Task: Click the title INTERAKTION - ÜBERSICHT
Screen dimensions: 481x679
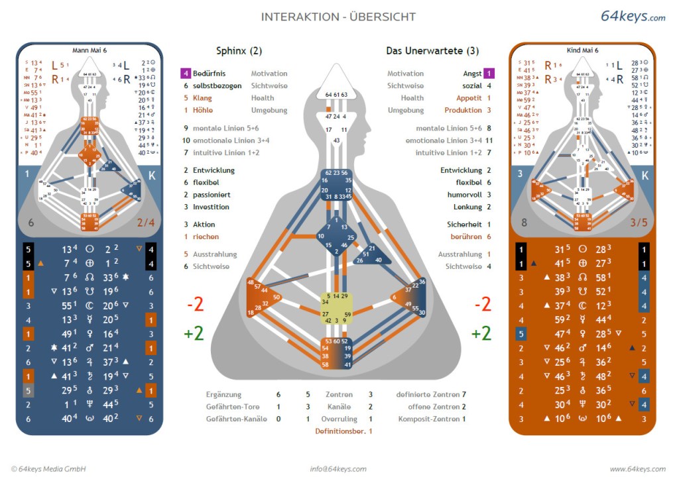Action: [338, 17]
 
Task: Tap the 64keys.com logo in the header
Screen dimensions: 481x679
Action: [633, 17]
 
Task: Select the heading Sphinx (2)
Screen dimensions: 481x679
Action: [239, 51]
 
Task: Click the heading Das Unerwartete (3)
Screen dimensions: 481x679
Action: [432, 51]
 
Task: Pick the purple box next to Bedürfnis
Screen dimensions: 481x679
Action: [186, 74]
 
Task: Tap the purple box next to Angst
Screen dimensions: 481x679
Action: [489, 74]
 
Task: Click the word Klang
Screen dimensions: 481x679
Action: [202, 98]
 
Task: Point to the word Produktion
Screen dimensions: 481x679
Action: [463, 110]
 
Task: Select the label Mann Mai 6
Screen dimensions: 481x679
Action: [89, 50]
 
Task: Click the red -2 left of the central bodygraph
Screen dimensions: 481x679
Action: [194, 304]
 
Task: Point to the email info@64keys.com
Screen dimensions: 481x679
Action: [338, 469]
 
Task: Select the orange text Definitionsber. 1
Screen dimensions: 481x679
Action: [343, 431]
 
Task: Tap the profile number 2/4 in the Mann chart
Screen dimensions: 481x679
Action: [145, 223]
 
